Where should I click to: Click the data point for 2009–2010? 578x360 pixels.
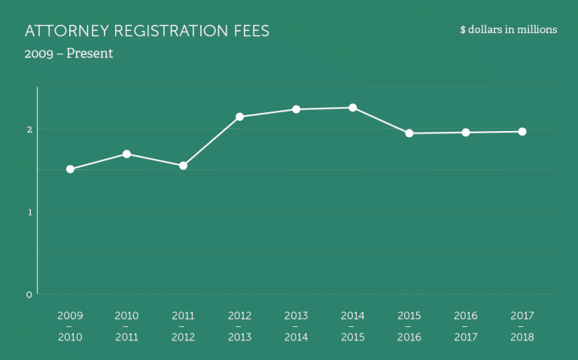[70, 169]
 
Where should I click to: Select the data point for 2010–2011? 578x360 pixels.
[126, 154]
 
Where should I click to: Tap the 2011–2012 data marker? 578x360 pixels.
[183, 166]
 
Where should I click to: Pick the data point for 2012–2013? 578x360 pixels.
[239, 117]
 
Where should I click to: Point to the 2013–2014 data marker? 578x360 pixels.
[296, 109]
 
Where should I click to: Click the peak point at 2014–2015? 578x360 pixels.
[352, 108]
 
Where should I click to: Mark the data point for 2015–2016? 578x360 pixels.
[409, 133]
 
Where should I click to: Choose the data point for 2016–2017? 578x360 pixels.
[466, 133]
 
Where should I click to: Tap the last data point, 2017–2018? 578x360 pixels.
[522, 132]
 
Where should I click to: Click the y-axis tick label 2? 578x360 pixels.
[29, 129]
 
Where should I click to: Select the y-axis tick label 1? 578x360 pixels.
[29, 212]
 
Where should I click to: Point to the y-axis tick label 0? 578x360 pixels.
[29, 294]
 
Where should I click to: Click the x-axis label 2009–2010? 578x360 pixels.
[70, 326]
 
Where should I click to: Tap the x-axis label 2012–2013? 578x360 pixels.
[239, 326]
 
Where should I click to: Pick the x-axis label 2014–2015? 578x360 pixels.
[352, 326]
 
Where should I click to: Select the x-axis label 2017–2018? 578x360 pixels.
[522, 326]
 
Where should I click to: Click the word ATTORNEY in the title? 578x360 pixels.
[63, 32]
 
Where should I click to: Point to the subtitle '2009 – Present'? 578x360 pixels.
[68, 54]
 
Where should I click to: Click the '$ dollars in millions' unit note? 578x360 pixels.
[508, 30]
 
